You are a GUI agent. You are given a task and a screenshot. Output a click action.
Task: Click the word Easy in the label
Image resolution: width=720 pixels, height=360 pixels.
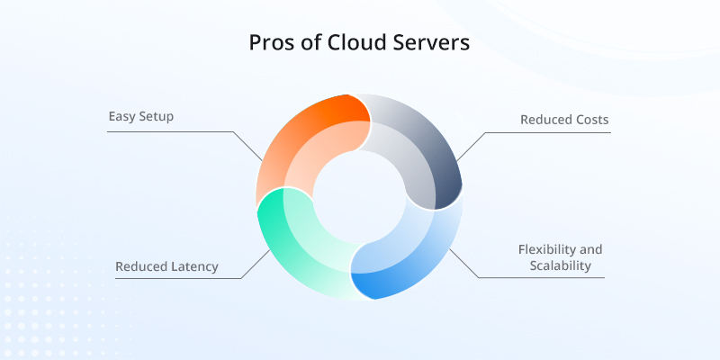tap(123, 117)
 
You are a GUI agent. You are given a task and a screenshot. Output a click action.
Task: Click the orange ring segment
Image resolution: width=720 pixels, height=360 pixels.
tap(297, 144)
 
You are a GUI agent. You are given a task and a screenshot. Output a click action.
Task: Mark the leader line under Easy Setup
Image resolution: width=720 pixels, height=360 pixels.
tap(171, 132)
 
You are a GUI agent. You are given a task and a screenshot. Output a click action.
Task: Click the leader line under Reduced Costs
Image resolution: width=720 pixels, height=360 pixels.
tap(549, 133)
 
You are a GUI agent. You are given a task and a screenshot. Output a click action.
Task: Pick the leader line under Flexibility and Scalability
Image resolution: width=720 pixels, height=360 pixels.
tap(540, 277)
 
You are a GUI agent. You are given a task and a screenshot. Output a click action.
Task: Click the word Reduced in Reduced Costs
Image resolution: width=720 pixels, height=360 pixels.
tap(544, 119)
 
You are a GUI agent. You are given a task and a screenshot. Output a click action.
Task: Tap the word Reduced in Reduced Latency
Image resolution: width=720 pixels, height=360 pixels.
tap(142, 266)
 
